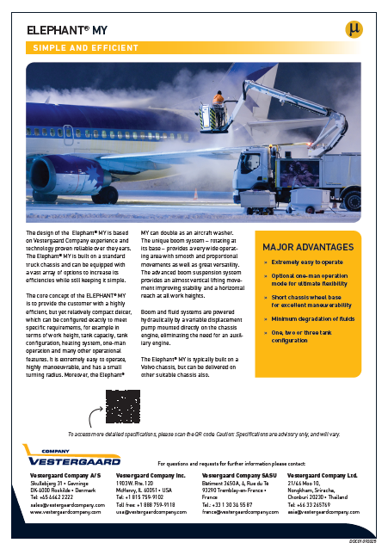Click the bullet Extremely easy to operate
click(307, 261)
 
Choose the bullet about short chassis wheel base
click(313, 296)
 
